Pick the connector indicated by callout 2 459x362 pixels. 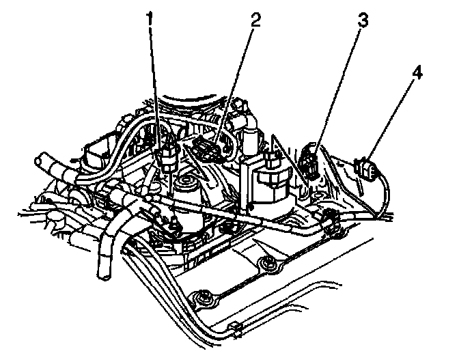pyautogui.click(x=208, y=149)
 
